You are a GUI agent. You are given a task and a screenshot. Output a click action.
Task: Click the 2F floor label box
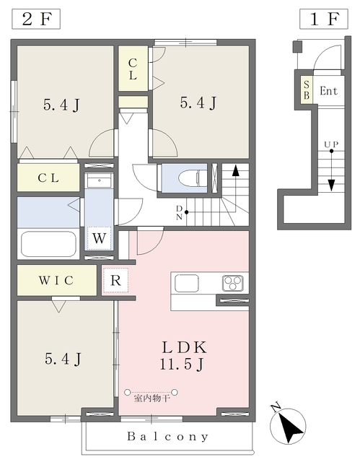click(x=36, y=19)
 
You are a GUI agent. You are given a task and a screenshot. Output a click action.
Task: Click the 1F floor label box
click(x=324, y=19)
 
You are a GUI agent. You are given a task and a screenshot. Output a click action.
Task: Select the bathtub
click(x=48, y=244)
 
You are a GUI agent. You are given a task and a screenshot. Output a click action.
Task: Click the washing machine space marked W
click(x=99, y=238)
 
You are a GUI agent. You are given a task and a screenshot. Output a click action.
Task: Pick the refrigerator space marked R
click(x=115, y=280)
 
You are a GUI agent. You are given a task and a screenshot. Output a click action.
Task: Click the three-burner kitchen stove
click(x=232, y=284)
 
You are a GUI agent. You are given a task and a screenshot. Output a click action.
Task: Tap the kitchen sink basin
click(x=187, y=284)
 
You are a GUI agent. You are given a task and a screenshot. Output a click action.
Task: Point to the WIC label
click(x=56, y=280)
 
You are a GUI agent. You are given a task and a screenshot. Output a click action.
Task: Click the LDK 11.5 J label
click(x=184, y=356)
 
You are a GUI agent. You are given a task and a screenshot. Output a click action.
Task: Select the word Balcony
click(x=168, y=436)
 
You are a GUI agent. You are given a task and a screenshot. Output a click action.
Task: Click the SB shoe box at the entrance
click(x=307, y=90)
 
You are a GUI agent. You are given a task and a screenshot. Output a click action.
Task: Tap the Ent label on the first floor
click(x=328, y=91)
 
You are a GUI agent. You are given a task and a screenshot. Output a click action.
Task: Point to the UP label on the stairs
click(x=331, y=144)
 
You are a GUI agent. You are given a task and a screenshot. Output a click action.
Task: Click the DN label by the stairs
click(x=179, y=213)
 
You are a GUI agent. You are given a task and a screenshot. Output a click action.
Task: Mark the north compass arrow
click(x=288, y=427)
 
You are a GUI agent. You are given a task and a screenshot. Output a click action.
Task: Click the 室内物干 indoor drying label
click(x=152, y=398)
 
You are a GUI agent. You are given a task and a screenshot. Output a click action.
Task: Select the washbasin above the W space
click(x=99, y=180)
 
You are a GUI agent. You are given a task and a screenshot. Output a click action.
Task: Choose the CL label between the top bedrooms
click(x=133, y=69)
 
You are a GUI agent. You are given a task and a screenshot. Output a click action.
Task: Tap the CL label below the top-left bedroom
click(x=48, y=178)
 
